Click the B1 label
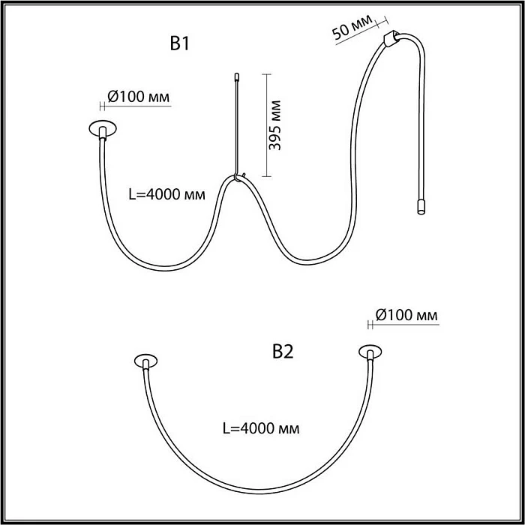[x=180, y=43]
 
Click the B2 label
[x=283, y=352]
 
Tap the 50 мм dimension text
[x=352, y=27]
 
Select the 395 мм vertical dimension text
[x=275, y=125]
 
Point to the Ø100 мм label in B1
[x=138, y=97]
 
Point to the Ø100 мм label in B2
[x=406, y=315]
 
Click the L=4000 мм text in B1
[x=167, y=194]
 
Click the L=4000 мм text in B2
[x=261, y=428]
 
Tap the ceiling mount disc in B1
[x=103, y=128]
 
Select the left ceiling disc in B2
[x=146, y=361]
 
